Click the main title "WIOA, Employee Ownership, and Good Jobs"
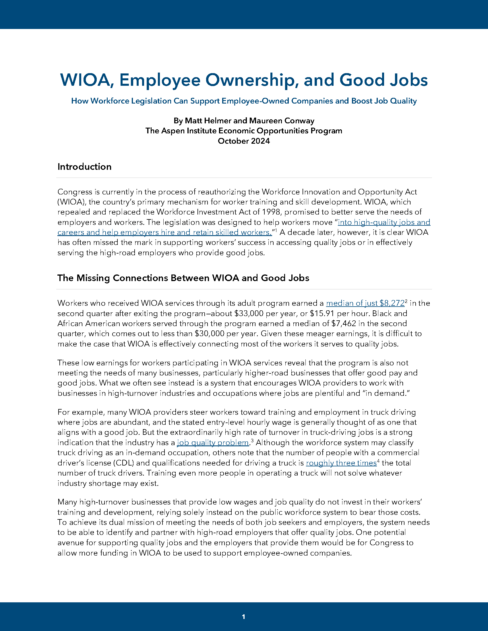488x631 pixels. click(244, 80)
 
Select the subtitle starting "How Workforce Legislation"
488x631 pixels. click(244, 101)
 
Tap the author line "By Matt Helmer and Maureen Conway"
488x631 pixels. click(244, 121)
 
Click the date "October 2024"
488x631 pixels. click(244, 141)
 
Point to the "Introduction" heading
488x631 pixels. click(84, 167)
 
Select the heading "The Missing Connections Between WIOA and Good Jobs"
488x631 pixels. click(183, 278)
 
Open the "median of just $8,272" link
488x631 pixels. click(365, 303)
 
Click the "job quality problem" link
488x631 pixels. click(213, 443)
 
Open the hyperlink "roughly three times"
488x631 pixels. click(341, 463)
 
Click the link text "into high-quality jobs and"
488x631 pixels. click(384, 222)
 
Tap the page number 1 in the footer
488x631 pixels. click(243, 617)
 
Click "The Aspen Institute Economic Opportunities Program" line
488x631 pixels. click(244, 131)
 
